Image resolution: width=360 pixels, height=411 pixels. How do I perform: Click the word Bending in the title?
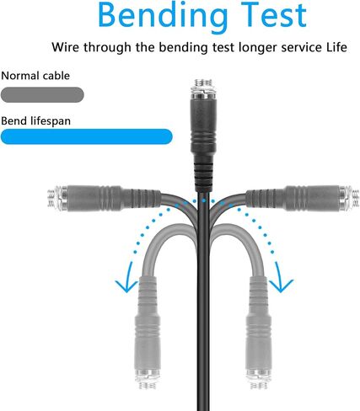point(163,16)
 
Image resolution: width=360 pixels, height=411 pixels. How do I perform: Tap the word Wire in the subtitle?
point(66,47)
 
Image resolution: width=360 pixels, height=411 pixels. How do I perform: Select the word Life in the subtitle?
point(336,47)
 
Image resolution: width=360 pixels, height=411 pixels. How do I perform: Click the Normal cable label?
point(35,76)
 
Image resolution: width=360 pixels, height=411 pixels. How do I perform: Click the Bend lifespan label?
point(36,121)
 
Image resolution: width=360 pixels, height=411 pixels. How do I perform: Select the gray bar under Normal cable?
point(42,95)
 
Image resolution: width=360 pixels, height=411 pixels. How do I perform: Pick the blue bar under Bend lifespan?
point(87,136)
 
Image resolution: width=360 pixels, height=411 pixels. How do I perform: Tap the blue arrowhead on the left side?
point(127,284)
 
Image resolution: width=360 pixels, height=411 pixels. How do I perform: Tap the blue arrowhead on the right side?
point(281,284)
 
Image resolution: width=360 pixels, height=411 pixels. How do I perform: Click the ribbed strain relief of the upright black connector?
point(203,174)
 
